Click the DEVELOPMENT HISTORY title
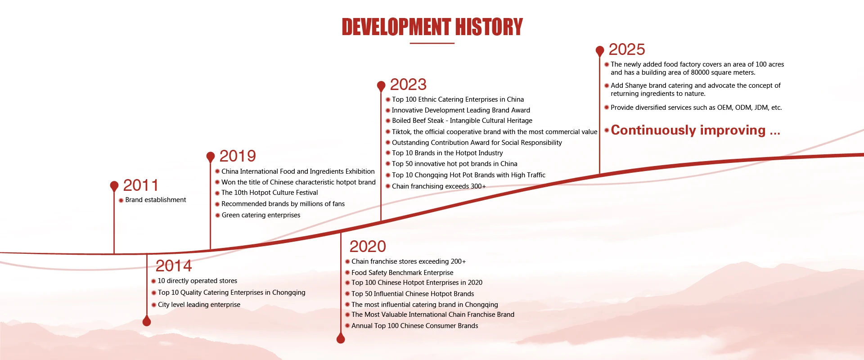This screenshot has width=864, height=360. [432, 27]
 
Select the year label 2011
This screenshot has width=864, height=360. [141, 185]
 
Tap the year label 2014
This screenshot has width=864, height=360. [174, 266]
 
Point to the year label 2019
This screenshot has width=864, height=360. [238, 156]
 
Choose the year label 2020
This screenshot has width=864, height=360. [368, 247]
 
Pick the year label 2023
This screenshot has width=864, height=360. [408, 85]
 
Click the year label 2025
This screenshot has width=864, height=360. [627, 49]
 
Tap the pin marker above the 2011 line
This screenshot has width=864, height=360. [114, 186]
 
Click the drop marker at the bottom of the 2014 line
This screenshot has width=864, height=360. [147, 320]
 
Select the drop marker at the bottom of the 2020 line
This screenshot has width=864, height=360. [341, 338]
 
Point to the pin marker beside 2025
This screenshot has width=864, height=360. [599, 51]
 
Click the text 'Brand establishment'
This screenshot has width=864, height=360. [156, 200]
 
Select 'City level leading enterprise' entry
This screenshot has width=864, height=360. [199, 305]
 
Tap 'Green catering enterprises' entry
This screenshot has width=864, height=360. [261, 215]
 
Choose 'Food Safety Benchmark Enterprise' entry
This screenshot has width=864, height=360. [402, 273]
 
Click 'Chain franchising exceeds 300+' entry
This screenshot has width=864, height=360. [439, 186]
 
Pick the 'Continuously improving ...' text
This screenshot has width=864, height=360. [695, 130]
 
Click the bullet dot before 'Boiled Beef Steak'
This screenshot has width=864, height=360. [388, 121]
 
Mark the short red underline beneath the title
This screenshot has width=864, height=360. [432, 43]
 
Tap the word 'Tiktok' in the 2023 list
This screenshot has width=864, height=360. [401, 132]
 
